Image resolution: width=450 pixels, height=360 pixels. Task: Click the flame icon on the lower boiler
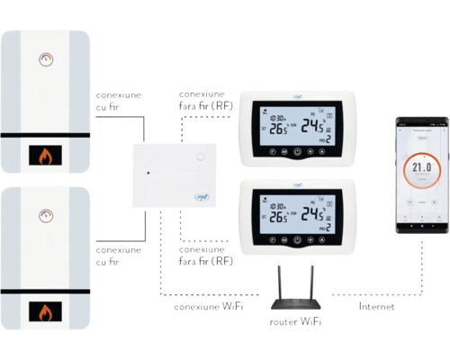[44, 312]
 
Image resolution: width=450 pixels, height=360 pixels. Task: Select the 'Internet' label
[376, 307]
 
